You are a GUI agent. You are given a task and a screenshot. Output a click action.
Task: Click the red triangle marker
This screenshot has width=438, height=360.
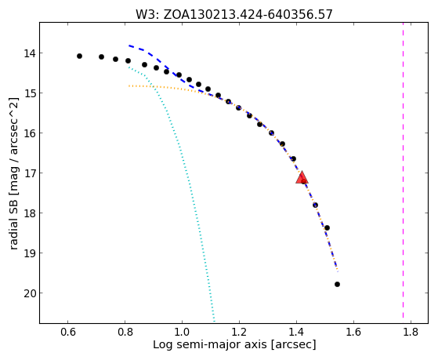[302, 177]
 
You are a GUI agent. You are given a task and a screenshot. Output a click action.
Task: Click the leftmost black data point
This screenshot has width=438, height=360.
[79, 56]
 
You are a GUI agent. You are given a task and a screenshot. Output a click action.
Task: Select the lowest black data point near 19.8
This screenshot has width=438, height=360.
[337, 284]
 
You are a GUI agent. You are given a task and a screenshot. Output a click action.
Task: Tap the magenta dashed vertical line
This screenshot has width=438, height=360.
[403, 170]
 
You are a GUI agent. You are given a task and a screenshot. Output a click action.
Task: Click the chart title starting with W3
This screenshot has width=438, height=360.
[234, 15]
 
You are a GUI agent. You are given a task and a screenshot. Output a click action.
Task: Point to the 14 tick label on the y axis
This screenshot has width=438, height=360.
[29, 53]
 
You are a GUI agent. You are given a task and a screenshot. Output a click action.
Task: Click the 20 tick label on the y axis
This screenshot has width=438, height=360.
[29, 293]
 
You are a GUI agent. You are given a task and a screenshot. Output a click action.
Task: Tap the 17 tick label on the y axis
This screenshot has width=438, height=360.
[29, 173]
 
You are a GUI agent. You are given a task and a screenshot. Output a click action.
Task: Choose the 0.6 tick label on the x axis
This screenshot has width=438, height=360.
[68, 332]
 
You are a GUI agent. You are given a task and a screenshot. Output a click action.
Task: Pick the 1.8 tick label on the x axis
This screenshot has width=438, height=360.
[411, 332]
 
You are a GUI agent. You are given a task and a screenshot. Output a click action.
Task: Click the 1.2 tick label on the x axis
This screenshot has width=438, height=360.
[240, 332]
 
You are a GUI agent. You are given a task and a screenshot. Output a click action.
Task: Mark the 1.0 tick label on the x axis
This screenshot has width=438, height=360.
[182, 332]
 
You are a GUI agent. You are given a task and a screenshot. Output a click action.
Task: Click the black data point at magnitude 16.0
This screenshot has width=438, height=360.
[271, 133]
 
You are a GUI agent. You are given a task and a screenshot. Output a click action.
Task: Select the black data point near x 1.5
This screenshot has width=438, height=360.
[327, 227]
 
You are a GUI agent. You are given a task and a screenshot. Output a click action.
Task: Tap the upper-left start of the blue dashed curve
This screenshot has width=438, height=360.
[129, 45]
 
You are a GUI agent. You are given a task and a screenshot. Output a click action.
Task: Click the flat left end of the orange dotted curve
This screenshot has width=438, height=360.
[129, 85]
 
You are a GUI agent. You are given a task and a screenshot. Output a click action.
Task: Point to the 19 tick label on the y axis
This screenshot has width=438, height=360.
[29, 253]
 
